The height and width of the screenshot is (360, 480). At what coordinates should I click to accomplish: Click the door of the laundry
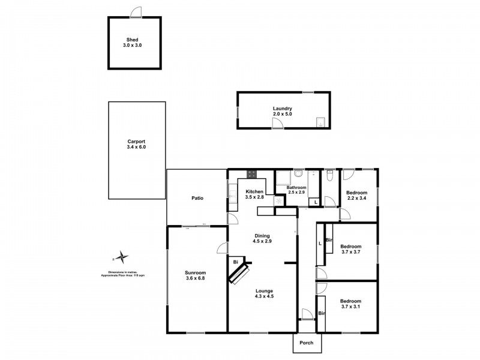point(277,123)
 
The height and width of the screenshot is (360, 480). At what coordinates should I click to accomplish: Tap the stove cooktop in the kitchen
point(253,175)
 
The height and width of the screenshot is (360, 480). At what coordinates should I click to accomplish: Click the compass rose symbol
point(122,257)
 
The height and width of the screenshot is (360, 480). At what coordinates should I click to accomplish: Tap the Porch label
point(307,343)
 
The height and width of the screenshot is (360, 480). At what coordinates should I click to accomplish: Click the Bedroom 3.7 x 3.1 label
point(350,304)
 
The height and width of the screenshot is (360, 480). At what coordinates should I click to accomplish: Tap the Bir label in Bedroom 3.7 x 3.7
point(329,241)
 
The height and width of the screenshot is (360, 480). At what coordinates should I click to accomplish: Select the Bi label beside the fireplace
point(235,262)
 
